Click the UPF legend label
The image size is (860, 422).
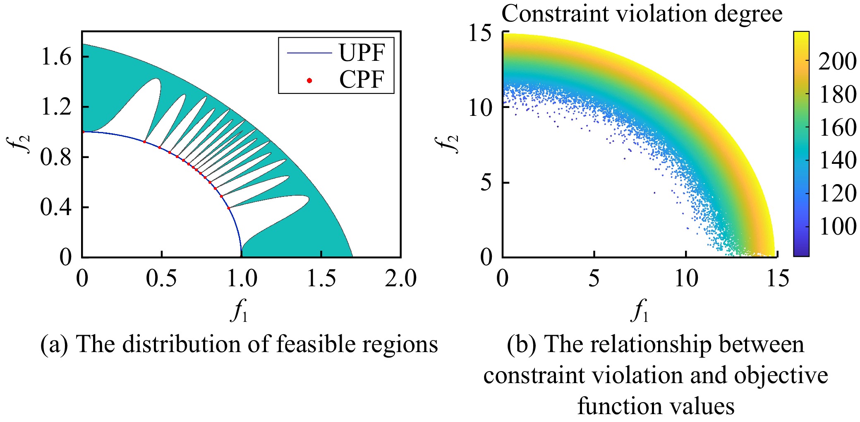[362, 53]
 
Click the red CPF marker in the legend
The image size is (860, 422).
[309, 80]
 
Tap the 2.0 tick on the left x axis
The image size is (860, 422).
[400, 278]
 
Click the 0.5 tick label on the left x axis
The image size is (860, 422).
[161, 278]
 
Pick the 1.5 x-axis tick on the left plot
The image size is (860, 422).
[321, 278]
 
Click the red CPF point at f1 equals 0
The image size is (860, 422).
[83, 132]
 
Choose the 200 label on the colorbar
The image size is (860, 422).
[837, 62]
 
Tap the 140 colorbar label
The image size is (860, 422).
[837, 160]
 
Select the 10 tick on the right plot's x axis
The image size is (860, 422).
[686, 278]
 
